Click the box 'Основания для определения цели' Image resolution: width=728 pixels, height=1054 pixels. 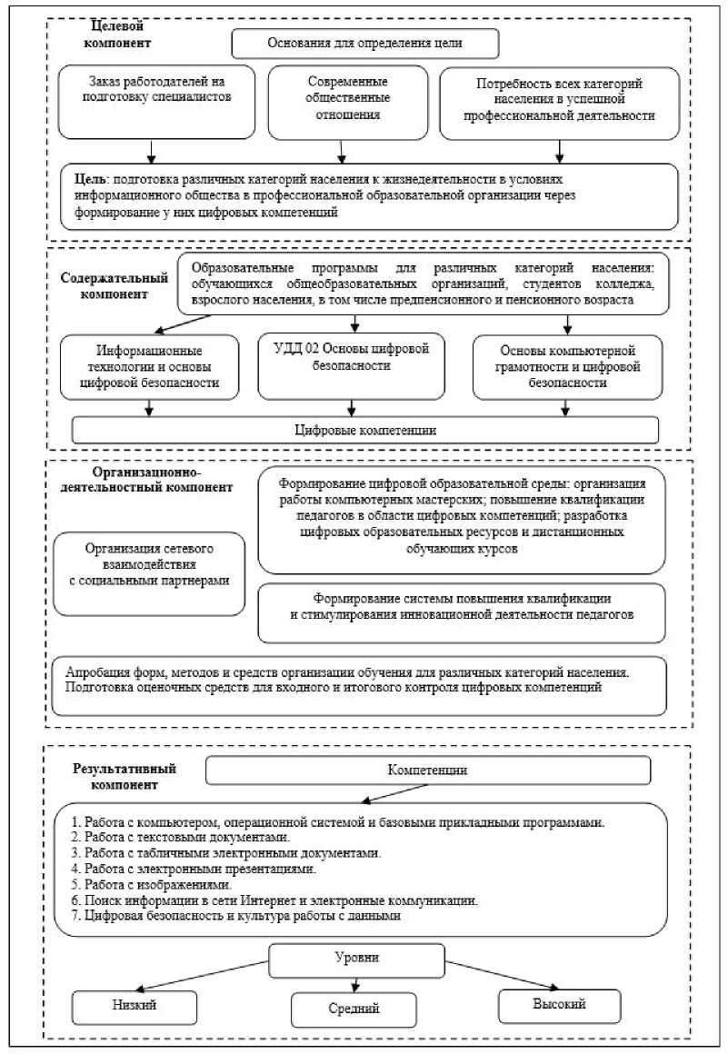coord(365,43)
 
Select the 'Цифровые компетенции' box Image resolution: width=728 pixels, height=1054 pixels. coord(365,430)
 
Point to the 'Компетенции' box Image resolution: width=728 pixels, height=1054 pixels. coord(428,771)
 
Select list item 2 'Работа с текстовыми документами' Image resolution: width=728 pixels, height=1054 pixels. coord(186,837)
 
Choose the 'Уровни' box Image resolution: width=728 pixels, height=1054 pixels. coord(356,958)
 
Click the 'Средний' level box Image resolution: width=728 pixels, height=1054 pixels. coord(354,1009)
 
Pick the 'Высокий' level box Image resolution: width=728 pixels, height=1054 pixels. coord(559,1004)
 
